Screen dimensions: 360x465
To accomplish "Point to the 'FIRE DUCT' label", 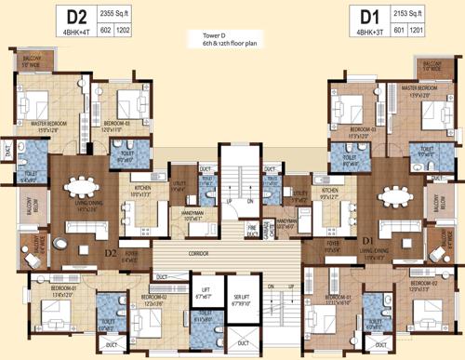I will [251, 226].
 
